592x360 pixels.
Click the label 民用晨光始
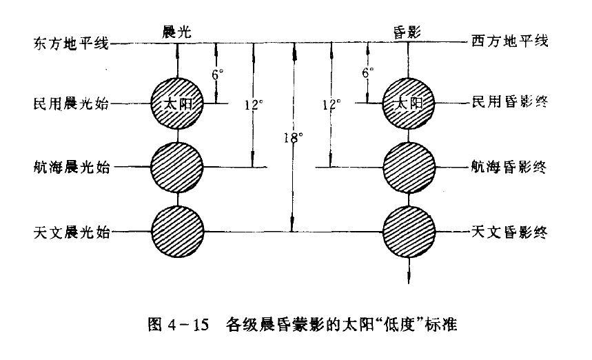coord(70,104)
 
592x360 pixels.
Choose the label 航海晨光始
coord(70,168)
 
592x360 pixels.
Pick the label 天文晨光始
coord(70,232)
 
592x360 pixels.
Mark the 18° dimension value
coord(293,137)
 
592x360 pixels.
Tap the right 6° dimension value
coord(368,72)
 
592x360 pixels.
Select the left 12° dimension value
coord(254,105)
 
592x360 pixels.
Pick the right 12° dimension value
coord(331,104)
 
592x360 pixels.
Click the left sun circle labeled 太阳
coord(178,103)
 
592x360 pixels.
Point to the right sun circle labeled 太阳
coord(408,103)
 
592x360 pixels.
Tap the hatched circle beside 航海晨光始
coord(178,167)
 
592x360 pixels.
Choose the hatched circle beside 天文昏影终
coord(408,231)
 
